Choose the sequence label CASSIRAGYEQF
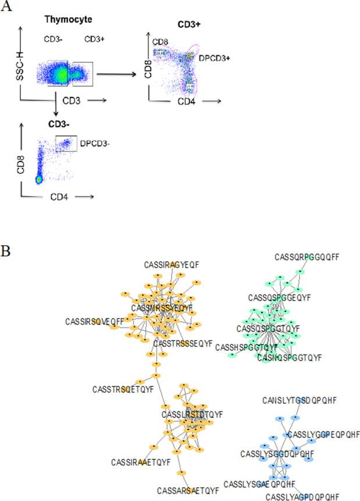point(172,264)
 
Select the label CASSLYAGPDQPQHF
point(302,496)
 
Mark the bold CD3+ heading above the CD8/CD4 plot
point(188,26)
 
